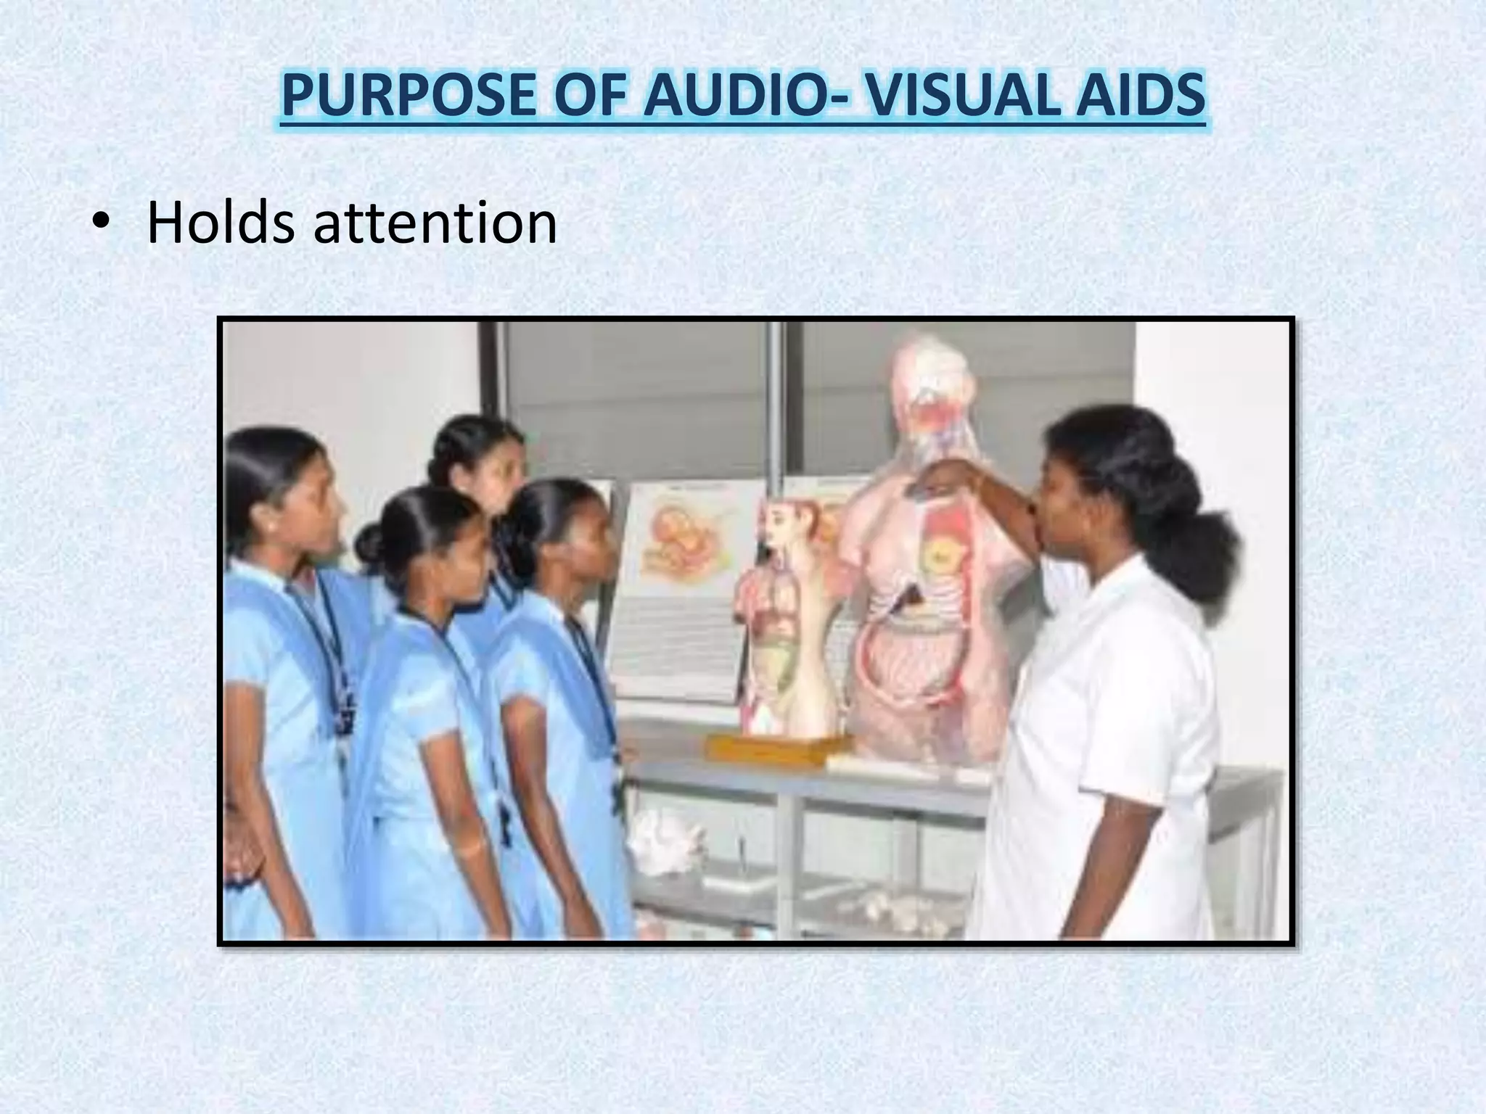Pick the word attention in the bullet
(x=435, y=223)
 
